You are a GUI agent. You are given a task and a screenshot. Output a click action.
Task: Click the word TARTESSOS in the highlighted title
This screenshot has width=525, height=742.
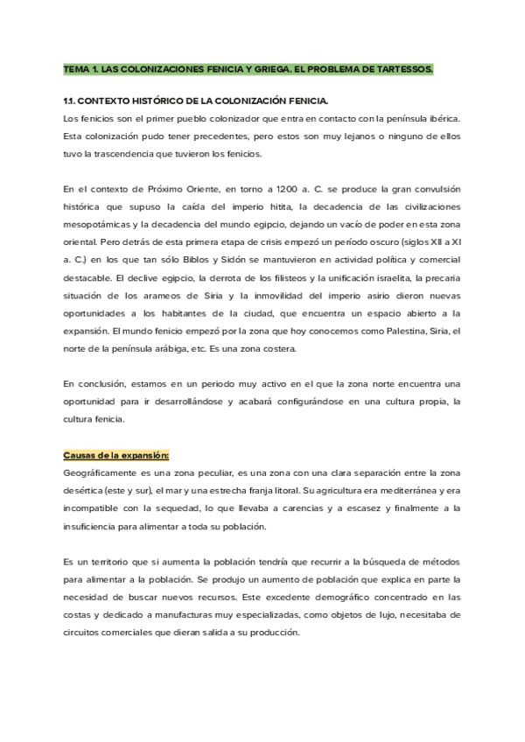click(x=401, y=67)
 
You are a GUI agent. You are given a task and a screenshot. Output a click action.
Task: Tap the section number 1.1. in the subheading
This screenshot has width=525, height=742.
click(x=72, y=101)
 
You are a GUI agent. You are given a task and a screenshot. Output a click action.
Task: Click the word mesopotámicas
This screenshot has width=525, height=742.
click(x=98, y=225)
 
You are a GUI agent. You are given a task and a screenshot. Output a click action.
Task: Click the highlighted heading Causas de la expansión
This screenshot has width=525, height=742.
click(x=116, y=455)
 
